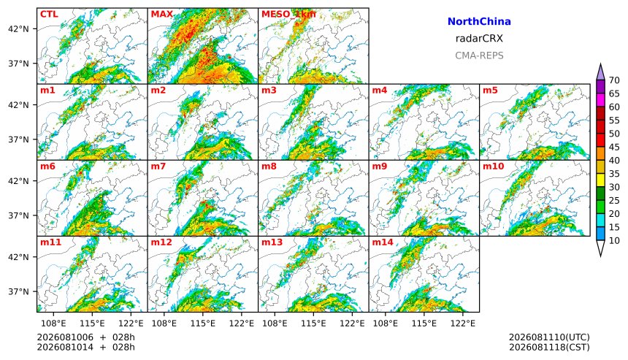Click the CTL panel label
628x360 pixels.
tap(49, 15)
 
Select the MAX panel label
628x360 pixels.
tap(162, 15)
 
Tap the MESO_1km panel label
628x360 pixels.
tap(288, 15)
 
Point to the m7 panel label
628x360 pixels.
tap(158, 166)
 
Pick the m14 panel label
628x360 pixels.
tap(383, 242)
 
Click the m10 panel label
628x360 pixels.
tap(493, 166)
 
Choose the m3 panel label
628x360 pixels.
tap(269, 90)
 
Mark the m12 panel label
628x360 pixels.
tap(161, 242)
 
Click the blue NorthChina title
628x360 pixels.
tap(479, 22)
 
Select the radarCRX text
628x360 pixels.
tap(479, 39)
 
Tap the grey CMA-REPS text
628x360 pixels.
tap(479, 55)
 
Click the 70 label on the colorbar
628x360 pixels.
tap(614, 80)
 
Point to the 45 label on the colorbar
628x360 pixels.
tap(614, 147)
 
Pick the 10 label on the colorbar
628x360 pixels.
tap(614, 241)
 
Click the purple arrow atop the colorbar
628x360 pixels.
tap(600, 72)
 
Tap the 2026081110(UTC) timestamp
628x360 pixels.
tap(549, 337)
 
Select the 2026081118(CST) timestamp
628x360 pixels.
tap(549, 347)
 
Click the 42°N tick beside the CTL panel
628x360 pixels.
tap(18, 28)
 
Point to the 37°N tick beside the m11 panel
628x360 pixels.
tap(18, 291)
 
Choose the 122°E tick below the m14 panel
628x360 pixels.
tap(464, 323)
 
